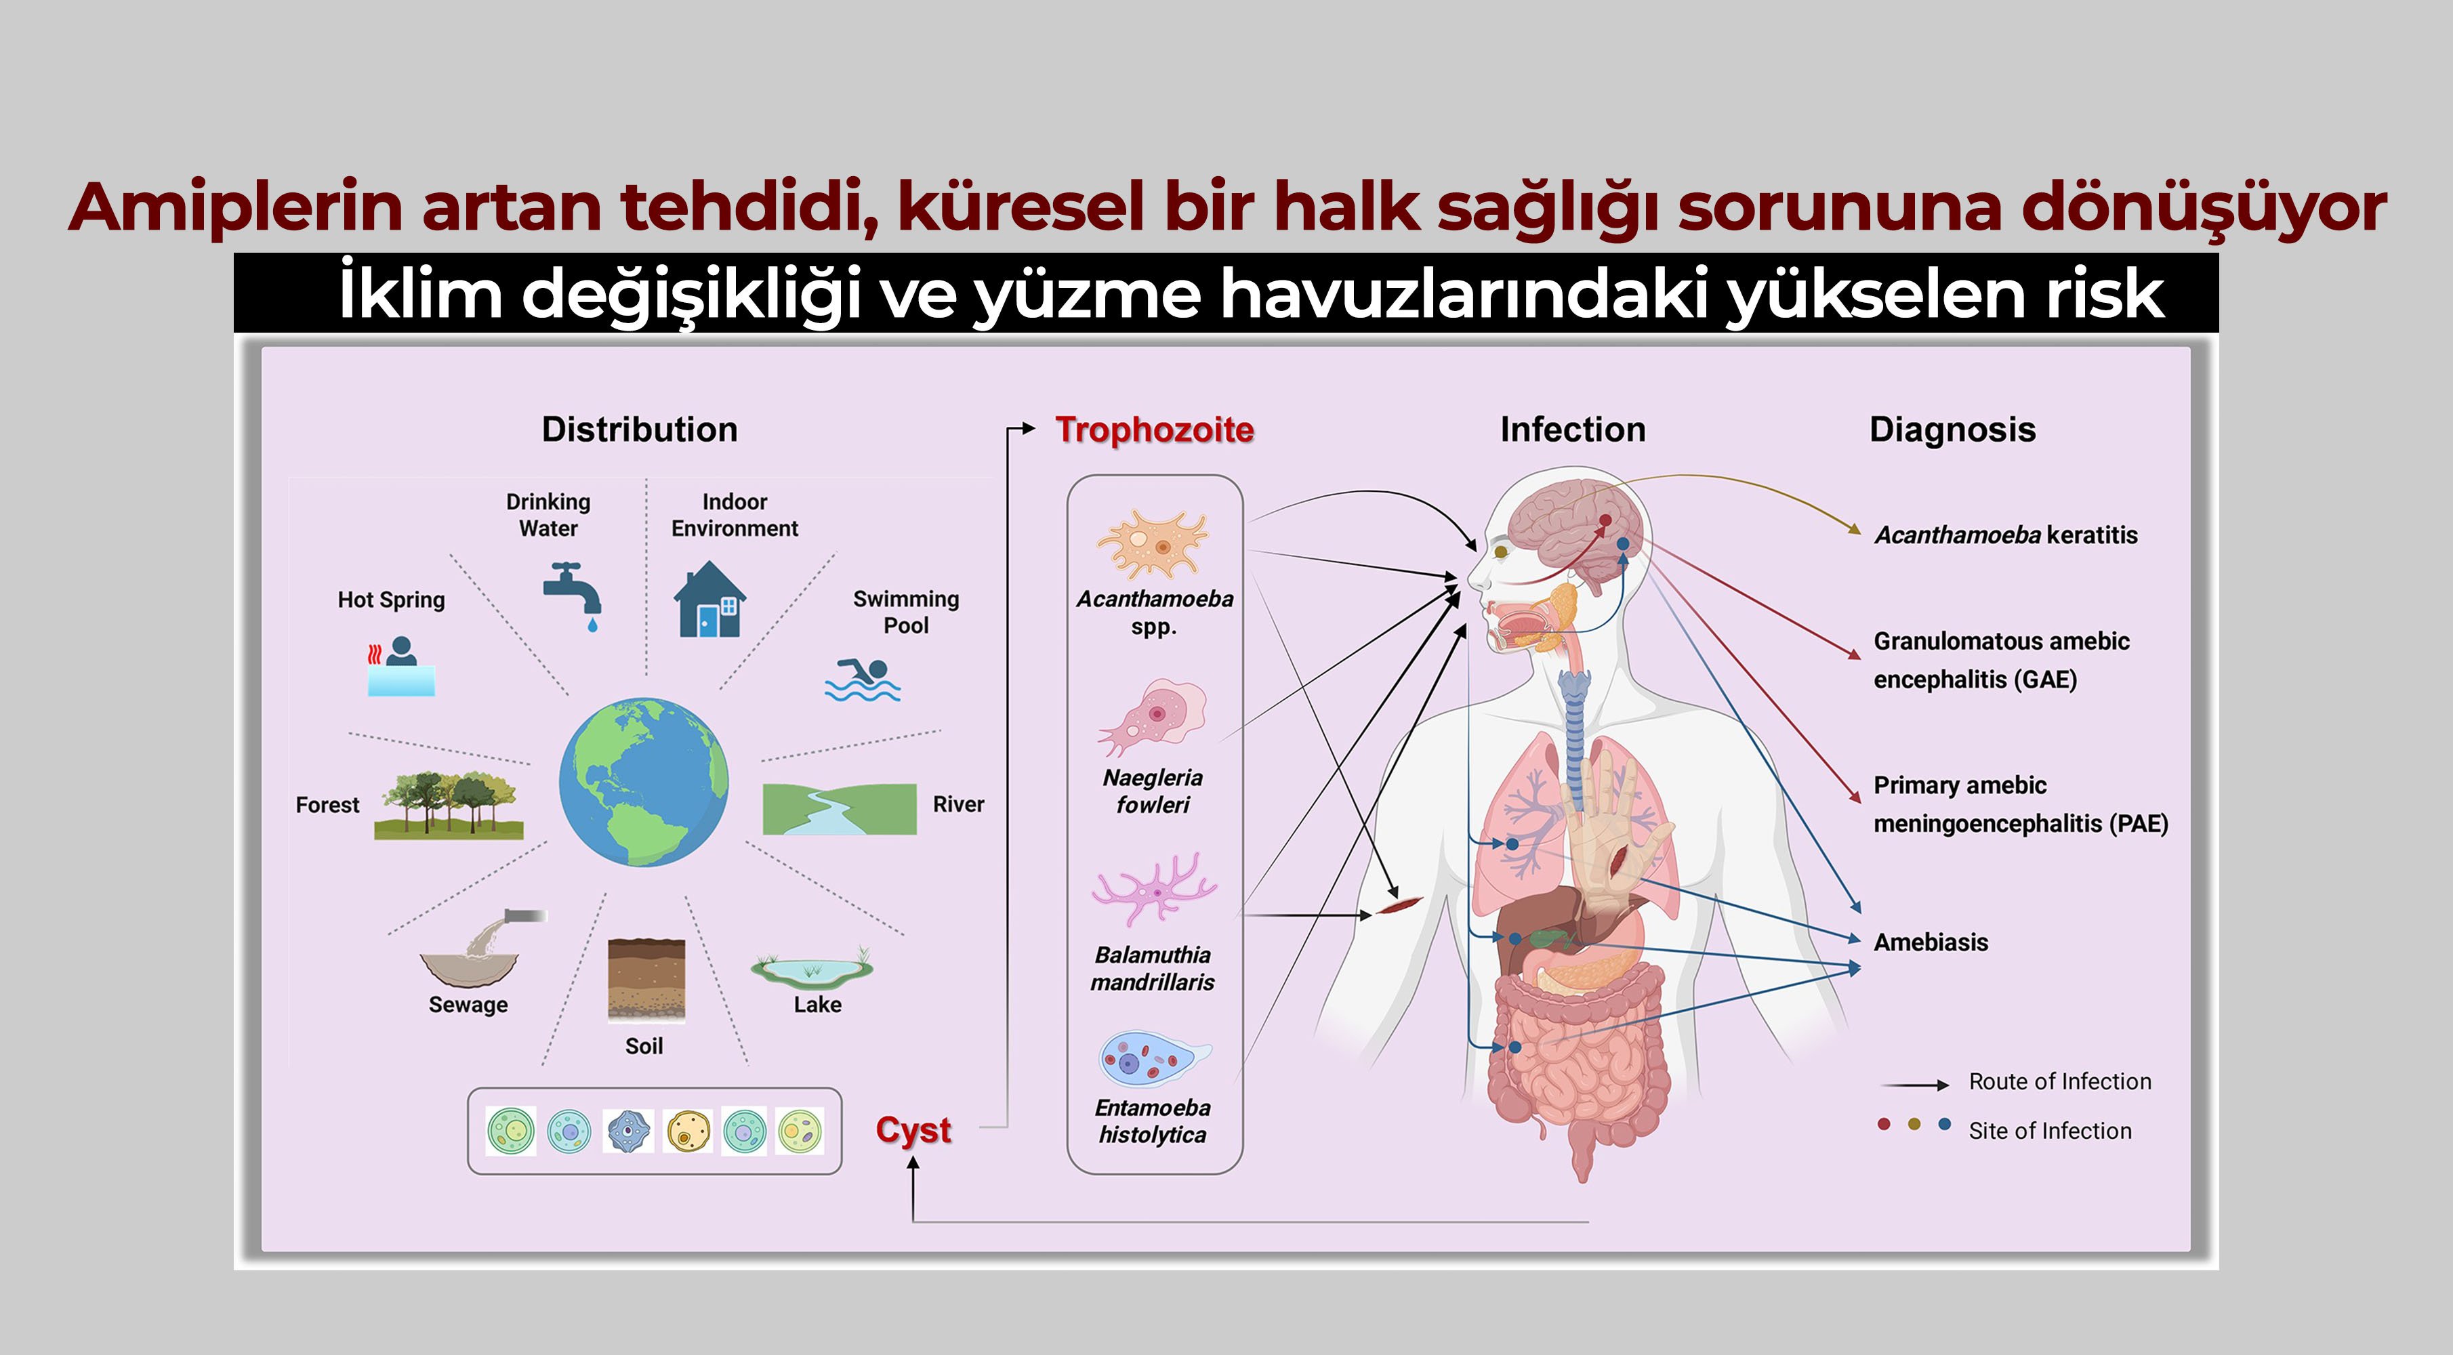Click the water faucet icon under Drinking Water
tap(573, 592)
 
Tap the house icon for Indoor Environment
tap(709, 600)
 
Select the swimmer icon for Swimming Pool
tap(863, 680)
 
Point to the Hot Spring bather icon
tap(401, 667)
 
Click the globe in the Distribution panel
tap(644, 782)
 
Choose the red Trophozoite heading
tap(1154, 430)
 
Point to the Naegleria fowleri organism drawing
tap(1154, 714)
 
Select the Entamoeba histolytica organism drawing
tap(1153, 1059)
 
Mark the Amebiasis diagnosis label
tap(1931, 942)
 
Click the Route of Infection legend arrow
tap(1915, 1085)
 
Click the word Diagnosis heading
tap(1952, 430)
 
